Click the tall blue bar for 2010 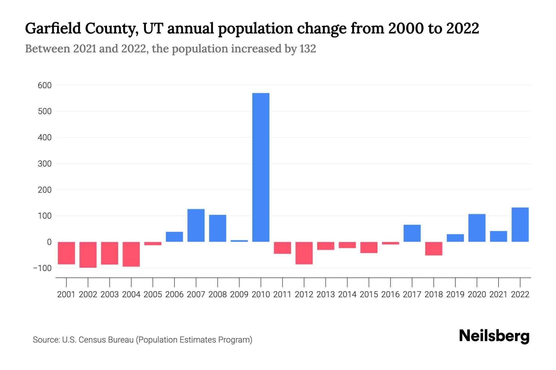coord(261,167)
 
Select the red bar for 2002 coord(88,255)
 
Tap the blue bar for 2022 coord(520,224)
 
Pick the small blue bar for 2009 coord(239,241)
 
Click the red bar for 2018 coord(434,249)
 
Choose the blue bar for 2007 coord(196,225)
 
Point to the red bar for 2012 coord(304,253)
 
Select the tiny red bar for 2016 coord(390,243)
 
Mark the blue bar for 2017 coord(412,233)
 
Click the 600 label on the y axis coord(44,85)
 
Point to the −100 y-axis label coord(42,268)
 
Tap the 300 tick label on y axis coord(44,164)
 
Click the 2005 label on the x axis coord(153,294)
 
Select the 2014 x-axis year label coord(347,294)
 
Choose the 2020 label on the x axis coord(477,294)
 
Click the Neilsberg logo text coord(494,336)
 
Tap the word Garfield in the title coord(53,28)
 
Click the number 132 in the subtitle coord(307,49)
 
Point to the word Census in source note coord(90,340)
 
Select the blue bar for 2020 coord(477,228)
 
